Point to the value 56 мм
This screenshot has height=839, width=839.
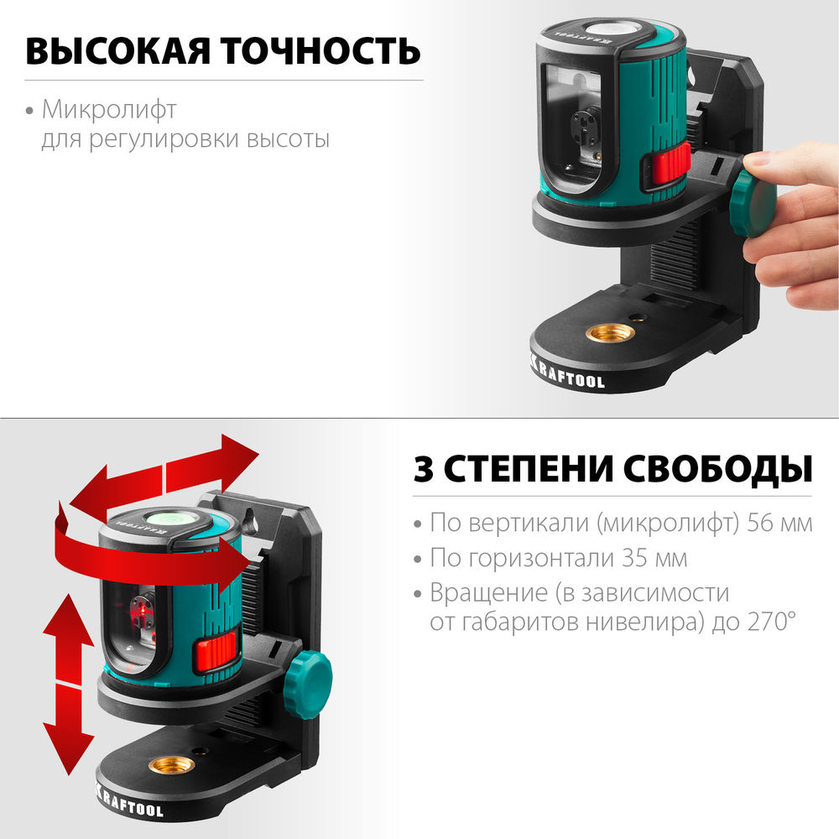(x=779, y=524)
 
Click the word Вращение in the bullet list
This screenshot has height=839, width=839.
(x=487, y=592)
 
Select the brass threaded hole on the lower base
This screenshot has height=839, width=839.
(x=163, y=764)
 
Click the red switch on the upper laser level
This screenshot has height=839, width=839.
(x=668, y=165)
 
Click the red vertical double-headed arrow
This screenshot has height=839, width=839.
(x=68, y=688)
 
